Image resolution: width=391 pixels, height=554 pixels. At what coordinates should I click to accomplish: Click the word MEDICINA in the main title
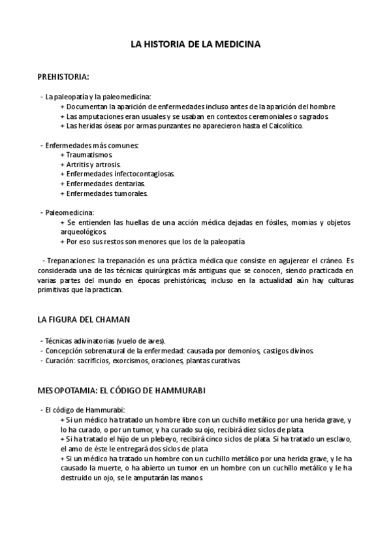pos(236,45)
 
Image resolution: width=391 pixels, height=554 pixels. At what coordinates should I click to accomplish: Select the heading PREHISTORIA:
pos(64,77)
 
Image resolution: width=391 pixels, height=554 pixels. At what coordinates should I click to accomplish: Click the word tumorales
pos(129,193)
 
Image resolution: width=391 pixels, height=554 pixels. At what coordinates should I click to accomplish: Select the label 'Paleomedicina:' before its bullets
pos(69,213)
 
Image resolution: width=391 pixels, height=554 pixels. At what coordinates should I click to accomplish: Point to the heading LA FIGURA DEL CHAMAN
pos(84,319)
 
